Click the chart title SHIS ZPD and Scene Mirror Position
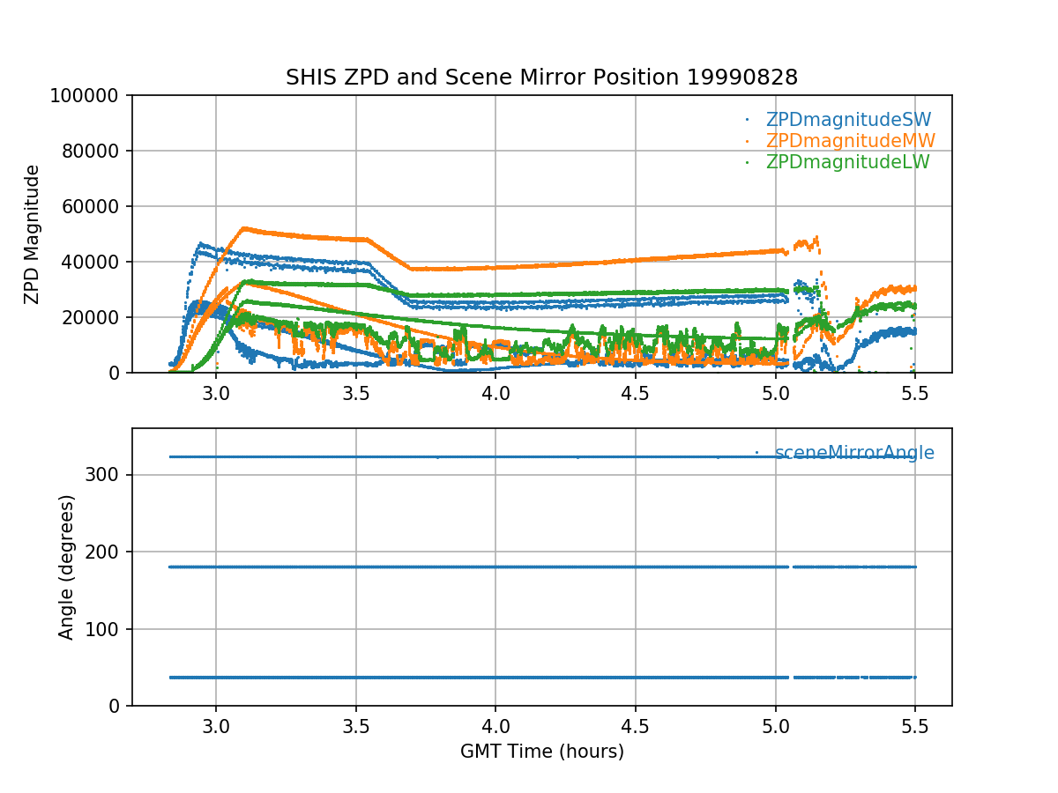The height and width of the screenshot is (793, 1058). coord(541,78)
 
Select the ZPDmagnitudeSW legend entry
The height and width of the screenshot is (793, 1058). coord(848,120)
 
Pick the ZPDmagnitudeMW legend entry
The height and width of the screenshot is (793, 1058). coord(850,141)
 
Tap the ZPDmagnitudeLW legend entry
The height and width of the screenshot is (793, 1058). coord(847,162)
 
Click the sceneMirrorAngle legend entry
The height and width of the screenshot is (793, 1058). coord(854,453)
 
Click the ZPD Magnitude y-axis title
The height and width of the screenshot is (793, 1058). coord(33,234)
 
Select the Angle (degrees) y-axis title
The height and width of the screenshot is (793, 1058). coord(67,567)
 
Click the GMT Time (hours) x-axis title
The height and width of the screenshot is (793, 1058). coord(541,752)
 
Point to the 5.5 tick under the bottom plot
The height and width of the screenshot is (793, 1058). coord(915,725)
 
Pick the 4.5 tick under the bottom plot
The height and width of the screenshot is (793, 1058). coord(636,725)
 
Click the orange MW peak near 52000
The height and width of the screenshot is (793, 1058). coord(243,228)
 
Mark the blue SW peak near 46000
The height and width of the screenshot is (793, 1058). coord(201,243)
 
